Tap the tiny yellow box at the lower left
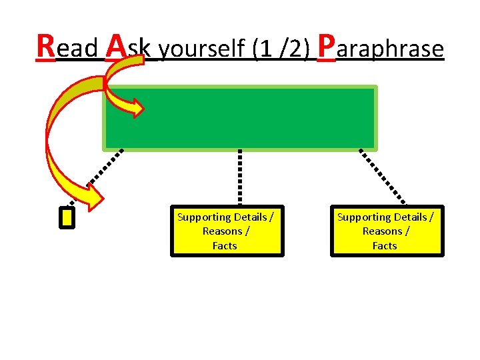point(67,218)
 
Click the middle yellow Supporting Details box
point(227,231)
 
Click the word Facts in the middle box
point(225,246)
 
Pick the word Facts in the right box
point(385,246)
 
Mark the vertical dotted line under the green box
point(240,177)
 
